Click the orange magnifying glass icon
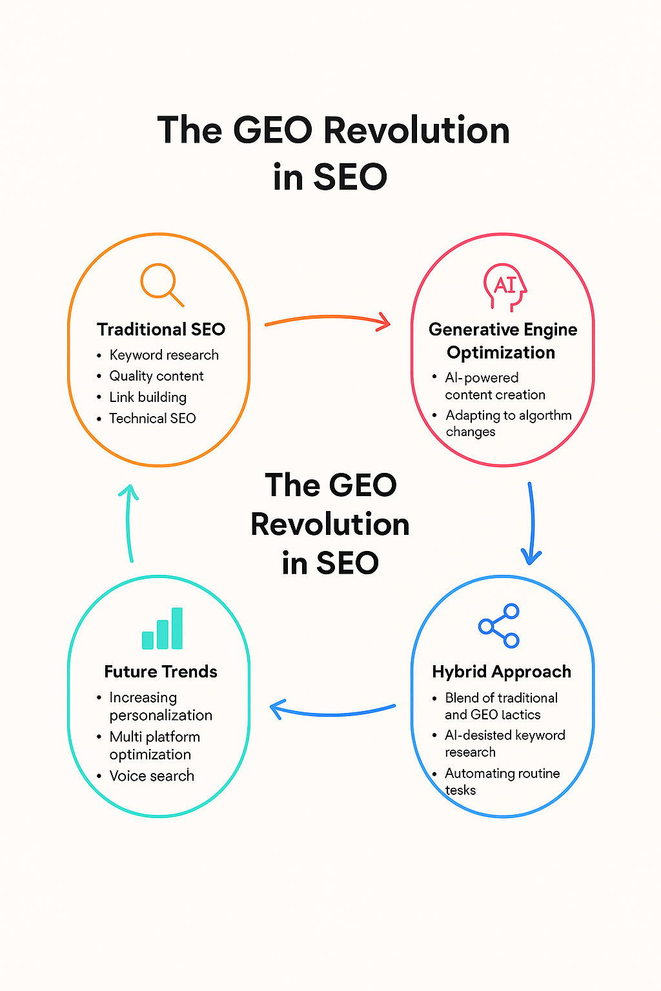click(161, 285)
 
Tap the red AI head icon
click(505, 287)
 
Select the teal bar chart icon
click(162, 628)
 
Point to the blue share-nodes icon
click(499, 626)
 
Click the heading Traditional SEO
click(161, 329)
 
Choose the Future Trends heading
click(161, 672)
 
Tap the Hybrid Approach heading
click(502, 672)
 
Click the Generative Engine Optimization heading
click(502, 341)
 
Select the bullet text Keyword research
click(164, 355)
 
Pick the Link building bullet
click(148, 397)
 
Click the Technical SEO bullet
click(152, 418)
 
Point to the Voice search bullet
click(152, 776)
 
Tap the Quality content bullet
click(156, 376)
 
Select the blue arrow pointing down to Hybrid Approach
click(532, 522)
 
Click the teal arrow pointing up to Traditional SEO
click(128, 522)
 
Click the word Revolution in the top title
click(416, 130)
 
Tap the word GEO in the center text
click(363, 485)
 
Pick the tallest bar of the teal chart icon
click(177, 628)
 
